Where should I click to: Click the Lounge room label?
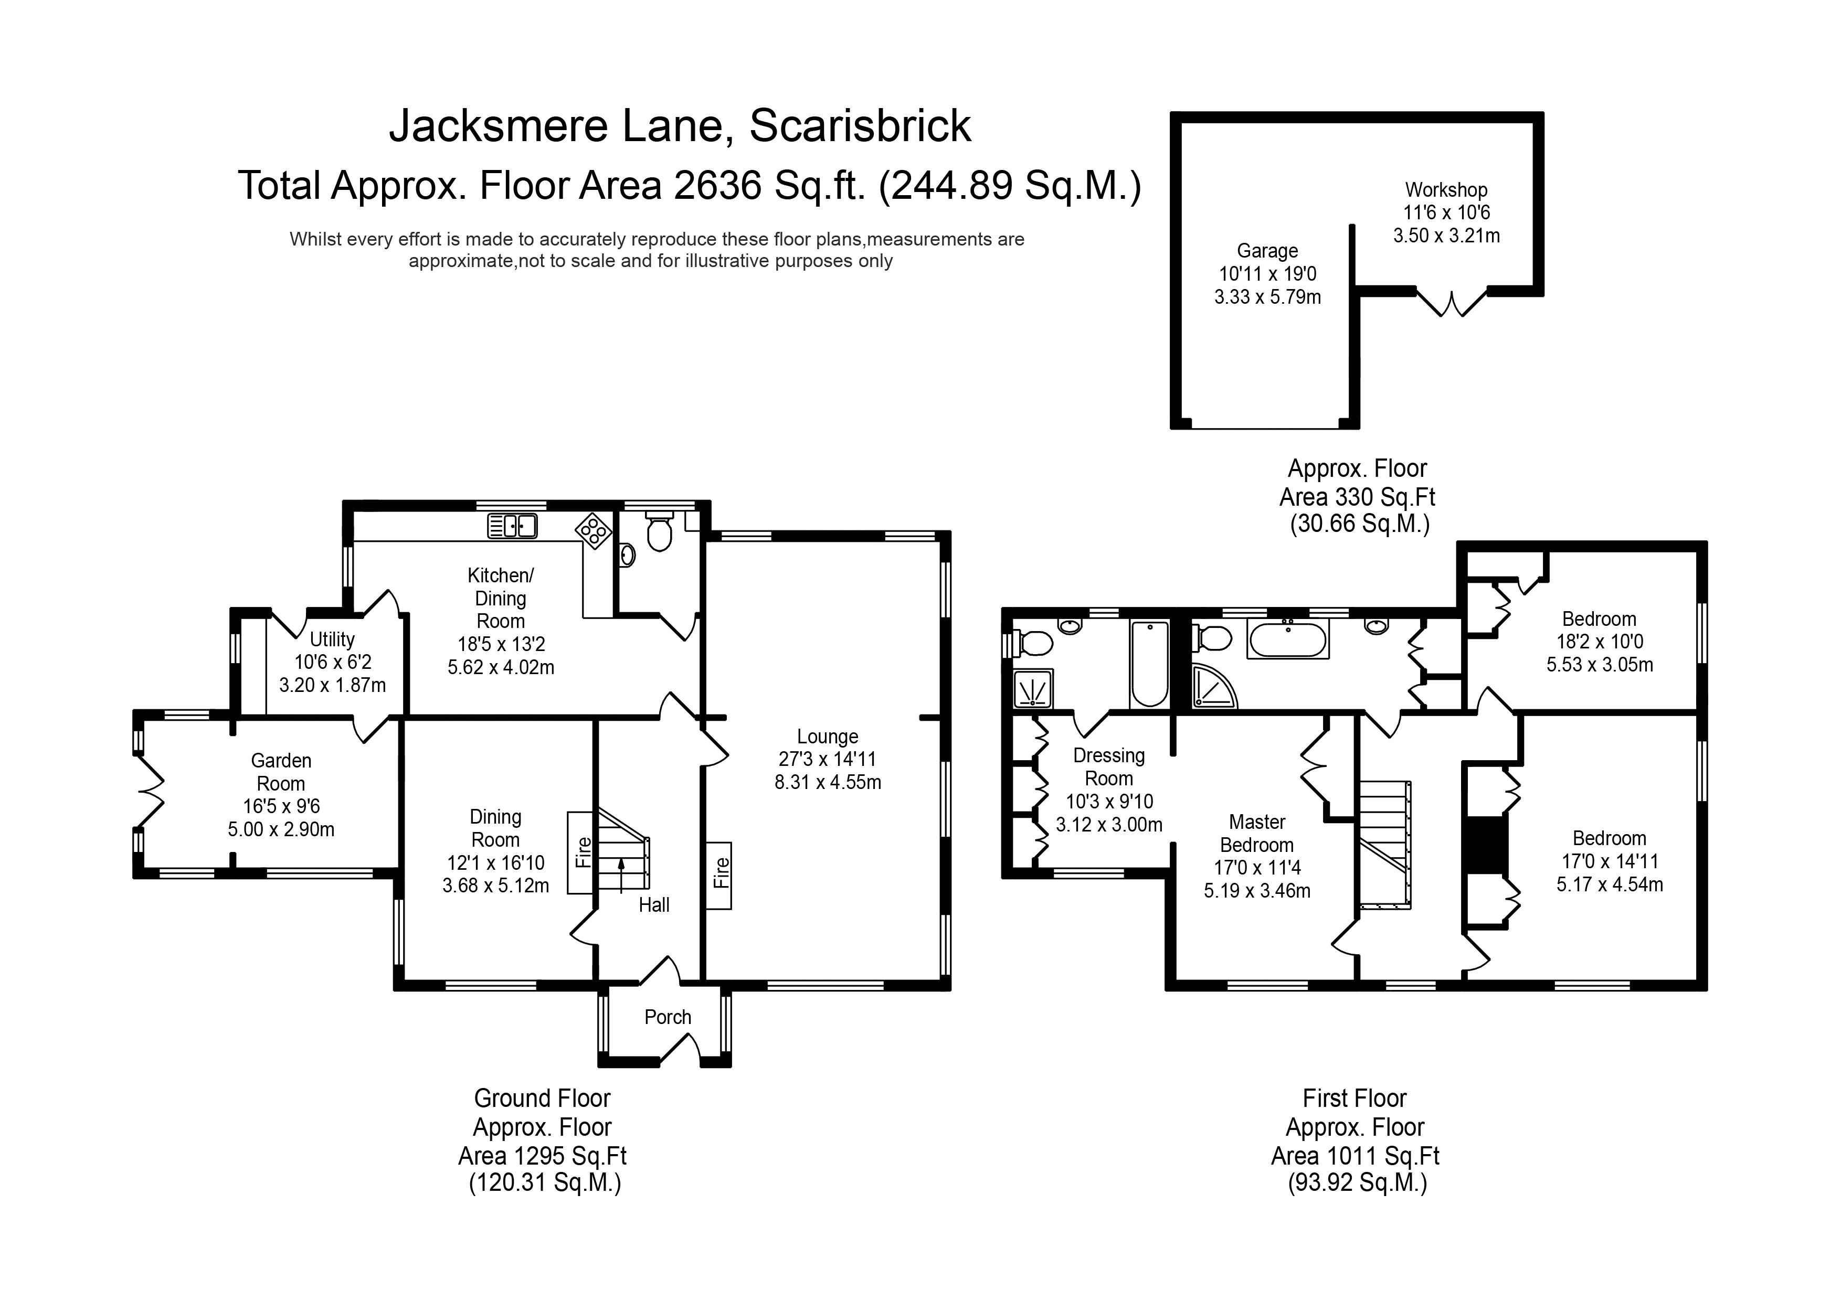[x=828, y=737]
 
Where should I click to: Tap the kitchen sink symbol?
[x=512, y=526]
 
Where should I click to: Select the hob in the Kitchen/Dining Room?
[x=594, y=531]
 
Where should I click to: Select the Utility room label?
[x=332, y=639]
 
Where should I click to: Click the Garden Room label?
[x=281, y=772]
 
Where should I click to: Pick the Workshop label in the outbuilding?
[x=1446, y=190]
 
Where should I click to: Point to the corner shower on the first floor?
[x=1214, y=687]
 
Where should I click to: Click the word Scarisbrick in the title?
[x=860, y=126]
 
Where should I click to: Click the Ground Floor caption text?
[x=542, y=1098]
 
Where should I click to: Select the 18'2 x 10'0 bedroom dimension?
[x=1599, y=641]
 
